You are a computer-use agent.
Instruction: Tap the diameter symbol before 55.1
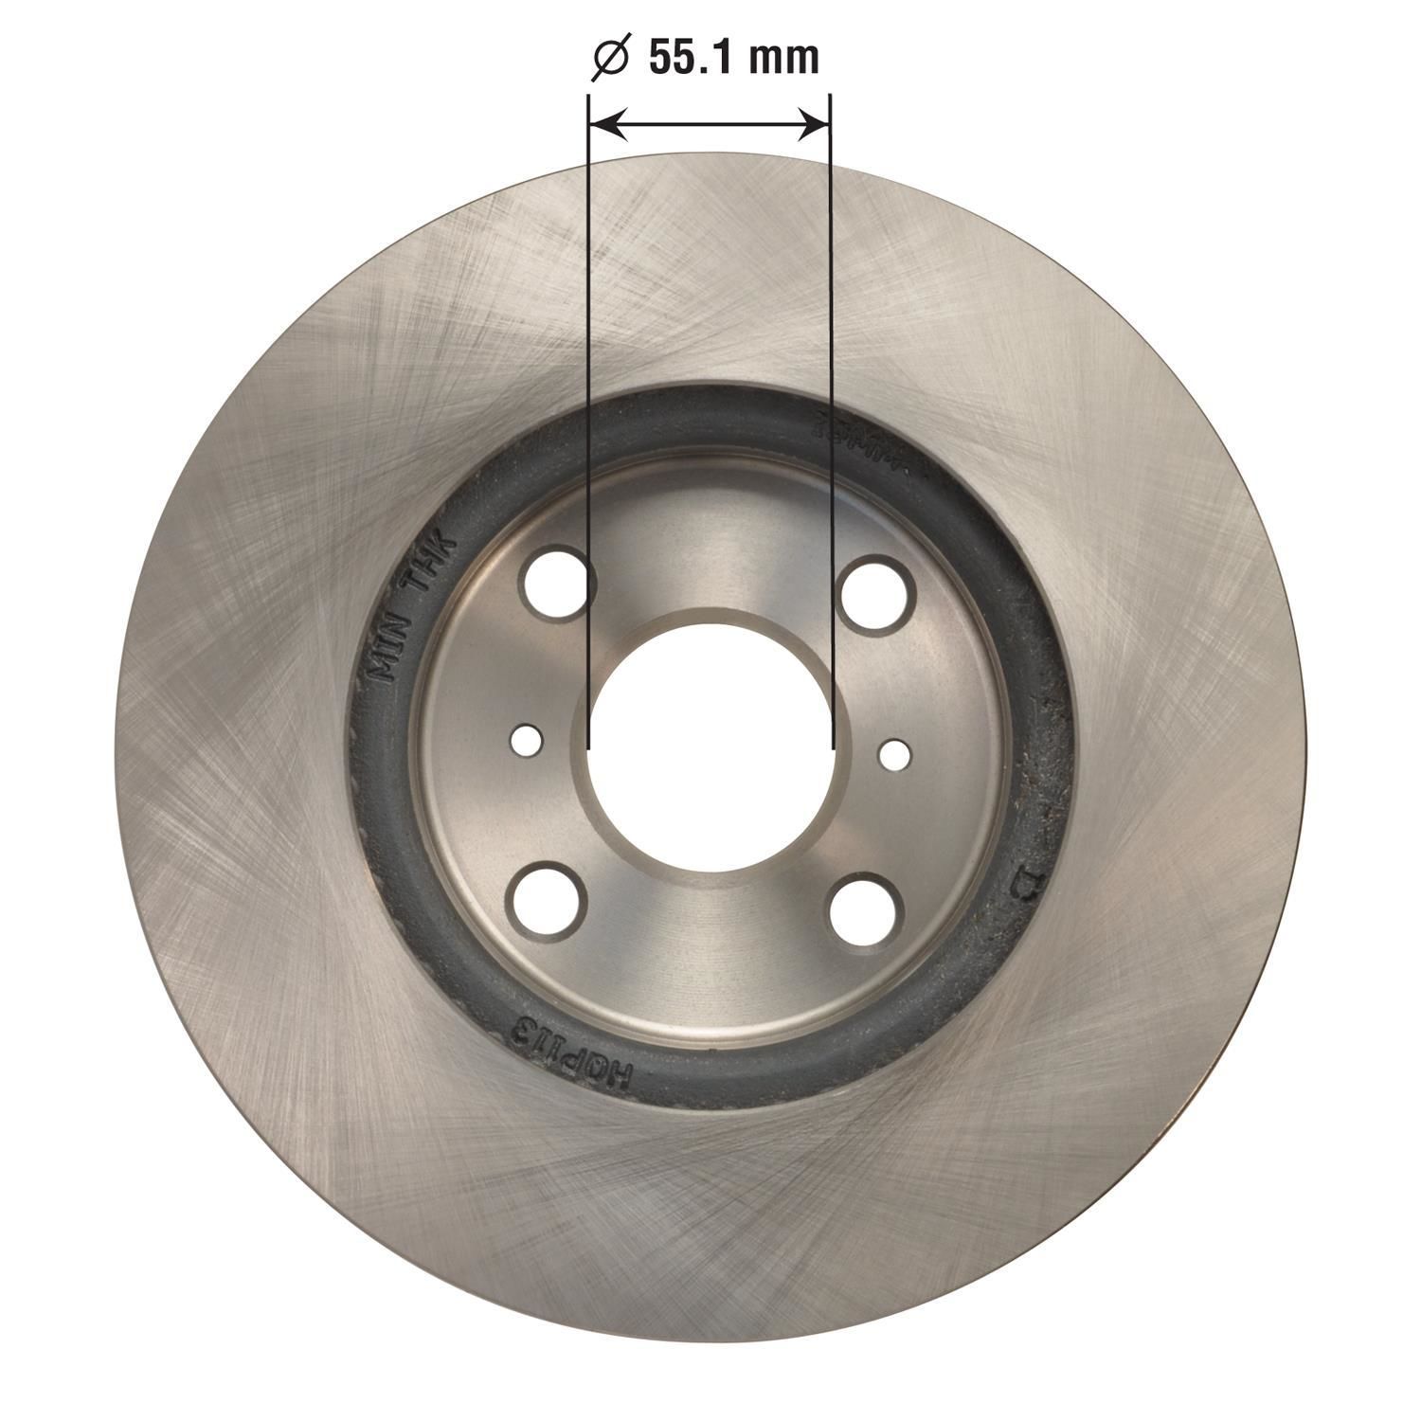coord(611,60)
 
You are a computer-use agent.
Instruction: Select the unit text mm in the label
coord(783,60)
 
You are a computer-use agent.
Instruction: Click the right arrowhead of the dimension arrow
coord(815,123)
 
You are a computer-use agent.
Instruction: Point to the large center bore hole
coord(710,739)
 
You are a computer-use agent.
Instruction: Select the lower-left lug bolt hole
coord(548,895)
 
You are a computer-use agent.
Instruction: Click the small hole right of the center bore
coord(893,754)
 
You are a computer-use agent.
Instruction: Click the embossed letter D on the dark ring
coord(1026,885)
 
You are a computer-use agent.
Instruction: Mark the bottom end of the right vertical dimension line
coord(832,748)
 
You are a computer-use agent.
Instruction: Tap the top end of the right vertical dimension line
coord(831,95)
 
